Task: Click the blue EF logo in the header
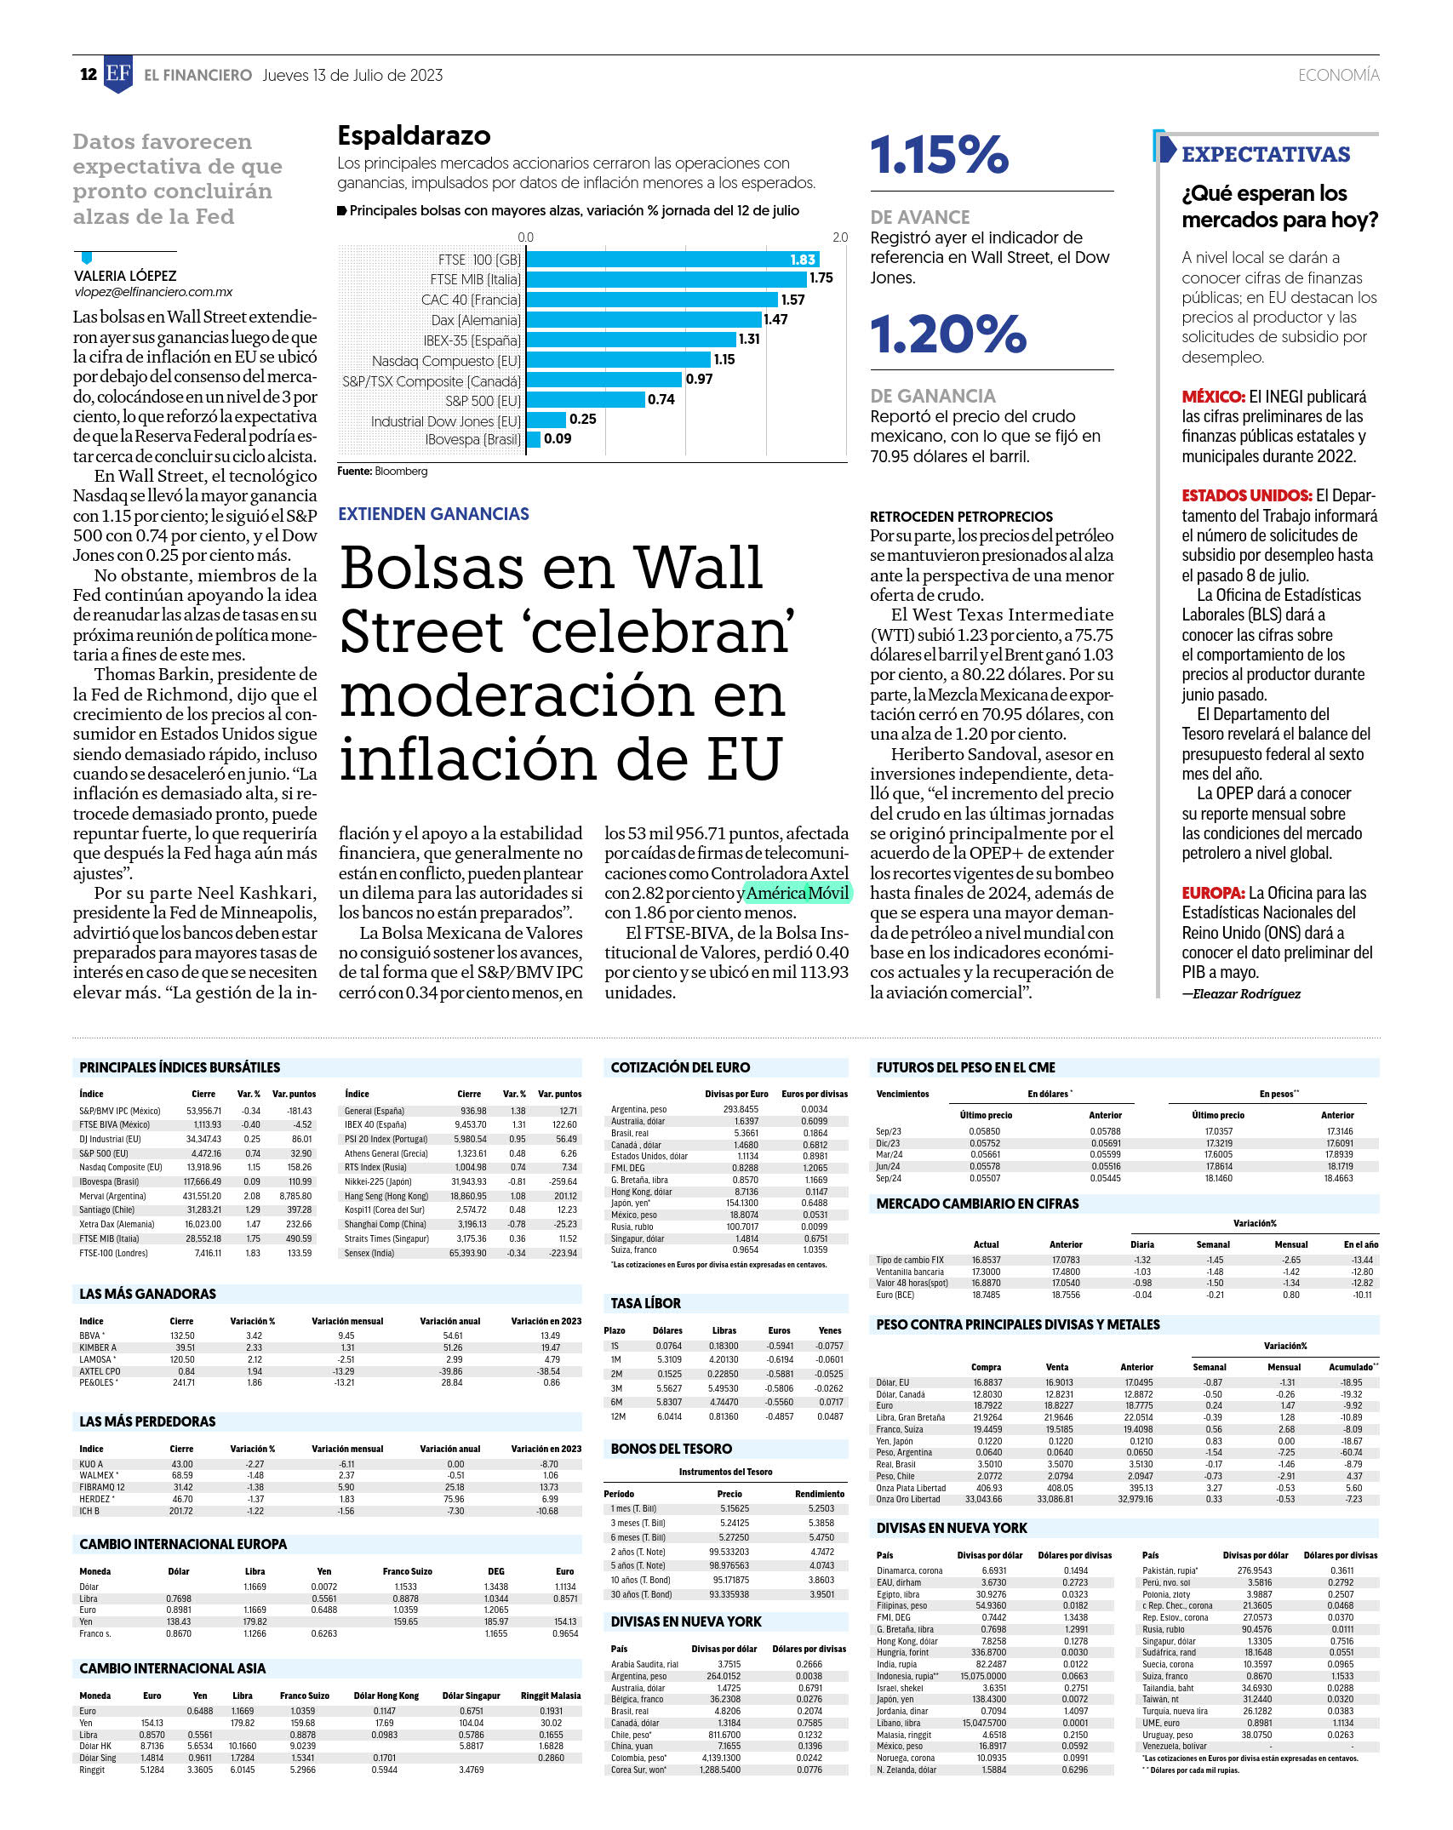point(118,74)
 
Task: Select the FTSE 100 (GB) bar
point(672,260)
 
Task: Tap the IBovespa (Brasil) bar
point(534,439)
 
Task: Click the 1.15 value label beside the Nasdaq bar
point(724,360)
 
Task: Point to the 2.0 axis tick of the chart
point(840,237)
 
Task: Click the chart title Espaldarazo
point(414,135)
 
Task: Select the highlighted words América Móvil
point(798,893)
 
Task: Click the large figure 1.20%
point(948,334)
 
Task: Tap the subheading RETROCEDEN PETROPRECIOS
point(961,517)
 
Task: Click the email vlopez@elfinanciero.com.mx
point(153,292)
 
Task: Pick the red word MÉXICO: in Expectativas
point(1213,397)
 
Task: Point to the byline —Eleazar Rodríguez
point(1241,993)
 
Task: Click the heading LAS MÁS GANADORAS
point(147,1294)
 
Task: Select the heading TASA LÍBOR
point(645,1303)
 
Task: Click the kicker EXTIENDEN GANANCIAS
point(433,514)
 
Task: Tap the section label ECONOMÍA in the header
point(1338,75)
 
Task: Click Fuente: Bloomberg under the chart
point(382,472)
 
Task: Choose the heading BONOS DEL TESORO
point(671,1449)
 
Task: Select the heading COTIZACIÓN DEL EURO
point(680,1067)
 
